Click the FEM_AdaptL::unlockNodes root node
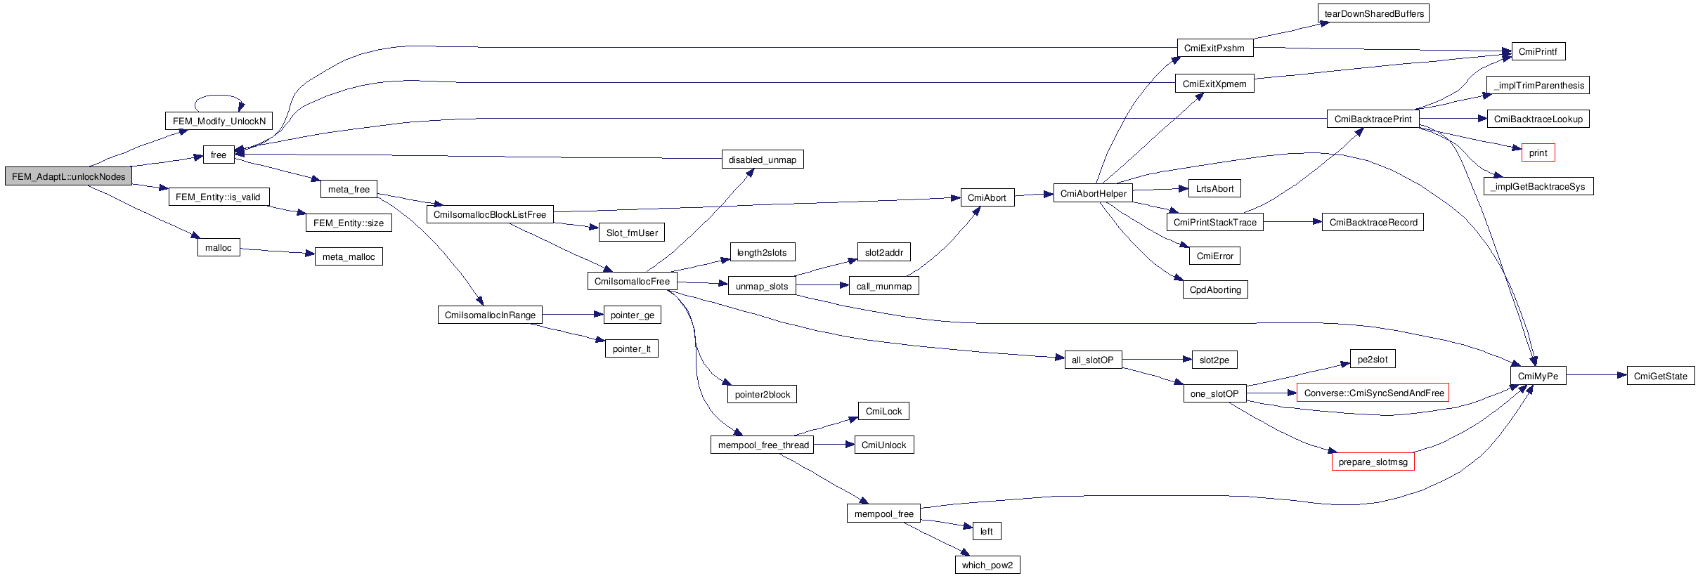68,176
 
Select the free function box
219,155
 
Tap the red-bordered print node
1538,152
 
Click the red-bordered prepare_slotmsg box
1373,462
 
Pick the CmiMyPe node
1538,376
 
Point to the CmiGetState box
1660,376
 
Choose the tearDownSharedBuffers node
1373,13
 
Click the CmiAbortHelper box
1093,193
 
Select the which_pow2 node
987,565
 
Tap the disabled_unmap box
762,159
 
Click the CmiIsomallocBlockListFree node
489,214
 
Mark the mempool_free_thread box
763,445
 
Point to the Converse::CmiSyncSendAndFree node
1373,393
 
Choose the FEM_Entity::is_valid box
218,197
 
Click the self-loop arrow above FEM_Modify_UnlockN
219,96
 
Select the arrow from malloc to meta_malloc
277,251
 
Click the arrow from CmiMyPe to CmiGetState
1596,375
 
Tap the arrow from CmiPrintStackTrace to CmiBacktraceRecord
1292,222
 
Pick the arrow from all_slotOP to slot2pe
1157,360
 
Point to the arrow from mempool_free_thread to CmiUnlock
834,444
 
